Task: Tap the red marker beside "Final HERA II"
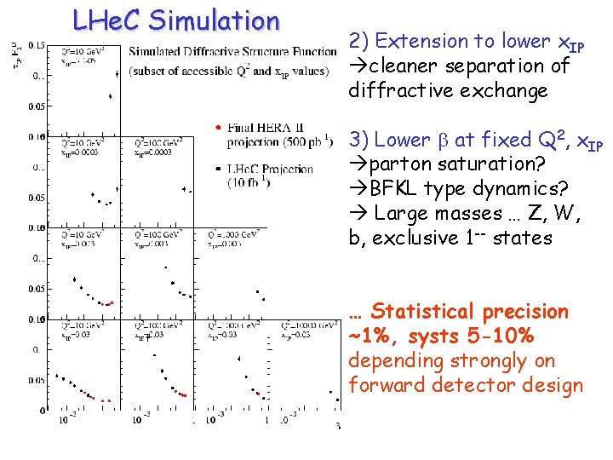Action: click(219, 127)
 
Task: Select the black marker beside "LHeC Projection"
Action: click(219, 167)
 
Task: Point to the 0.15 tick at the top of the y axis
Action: click(37, 44)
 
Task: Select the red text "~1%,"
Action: click(376, 336)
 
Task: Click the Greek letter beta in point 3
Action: click(440, 140)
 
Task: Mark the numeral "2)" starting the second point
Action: click(359, 41)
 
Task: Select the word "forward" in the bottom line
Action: click(387, 385)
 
